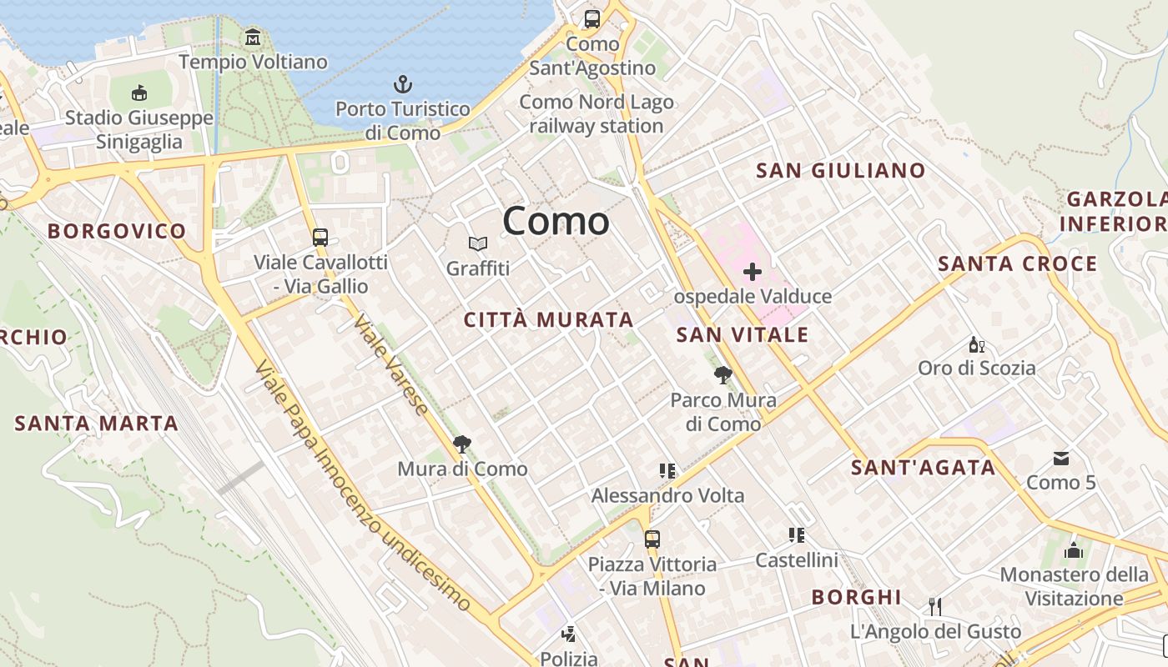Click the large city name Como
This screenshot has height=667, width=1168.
(556, 221)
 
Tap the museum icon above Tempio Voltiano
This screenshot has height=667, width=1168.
(253, 38)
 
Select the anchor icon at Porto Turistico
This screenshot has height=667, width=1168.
(403, 84)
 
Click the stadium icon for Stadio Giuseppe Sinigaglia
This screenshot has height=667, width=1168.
(139, 93)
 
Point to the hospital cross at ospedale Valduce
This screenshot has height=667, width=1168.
(753, 272)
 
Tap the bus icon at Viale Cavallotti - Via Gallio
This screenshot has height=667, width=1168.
(320, 237)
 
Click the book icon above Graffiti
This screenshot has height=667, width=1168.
(477, 243)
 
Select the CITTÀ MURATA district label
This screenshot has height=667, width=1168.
(548, 319)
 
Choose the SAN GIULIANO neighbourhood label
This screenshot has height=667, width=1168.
(840, 171)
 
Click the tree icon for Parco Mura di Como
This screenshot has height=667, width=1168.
(723, 375)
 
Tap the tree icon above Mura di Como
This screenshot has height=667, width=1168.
(461, 444)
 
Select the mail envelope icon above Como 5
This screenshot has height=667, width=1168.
(1061, 458)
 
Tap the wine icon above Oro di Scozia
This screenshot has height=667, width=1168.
(975, 344)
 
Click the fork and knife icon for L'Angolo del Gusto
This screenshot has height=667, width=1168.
(935, 606)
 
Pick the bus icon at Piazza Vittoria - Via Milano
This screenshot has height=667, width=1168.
(652, 539)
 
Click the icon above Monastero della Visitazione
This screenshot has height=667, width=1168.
(1074, 550)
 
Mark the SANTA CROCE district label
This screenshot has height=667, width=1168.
(1017, 264)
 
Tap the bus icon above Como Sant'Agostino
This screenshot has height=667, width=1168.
(592, 18)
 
